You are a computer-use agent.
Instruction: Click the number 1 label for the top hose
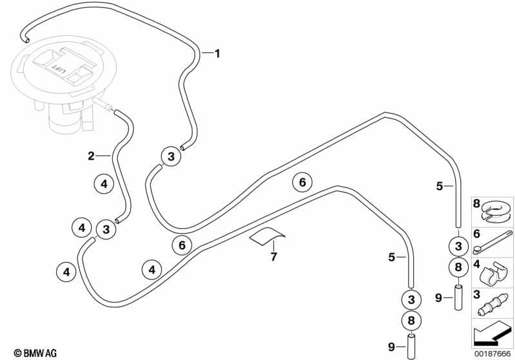[217, 53]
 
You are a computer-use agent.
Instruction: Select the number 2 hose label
[91, 156]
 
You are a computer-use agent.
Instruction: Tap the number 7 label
[273, 256]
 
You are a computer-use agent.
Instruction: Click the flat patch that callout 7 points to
[267, 236]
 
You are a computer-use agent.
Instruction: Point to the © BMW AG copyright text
[35, 353]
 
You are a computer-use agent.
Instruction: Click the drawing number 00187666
[492, 354]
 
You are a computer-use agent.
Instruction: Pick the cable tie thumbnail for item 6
[492, 243]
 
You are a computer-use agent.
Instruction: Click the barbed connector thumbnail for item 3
[492, 305]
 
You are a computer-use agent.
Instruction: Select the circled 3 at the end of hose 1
[171, 156]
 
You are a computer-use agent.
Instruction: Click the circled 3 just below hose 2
[106, 229]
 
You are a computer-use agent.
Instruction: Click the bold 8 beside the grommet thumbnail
[476, 204]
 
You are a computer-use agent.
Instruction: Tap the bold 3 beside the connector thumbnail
[477, 294]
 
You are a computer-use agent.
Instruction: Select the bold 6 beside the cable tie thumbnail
[476, 234]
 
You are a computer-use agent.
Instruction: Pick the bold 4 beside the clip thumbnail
[476, 264]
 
